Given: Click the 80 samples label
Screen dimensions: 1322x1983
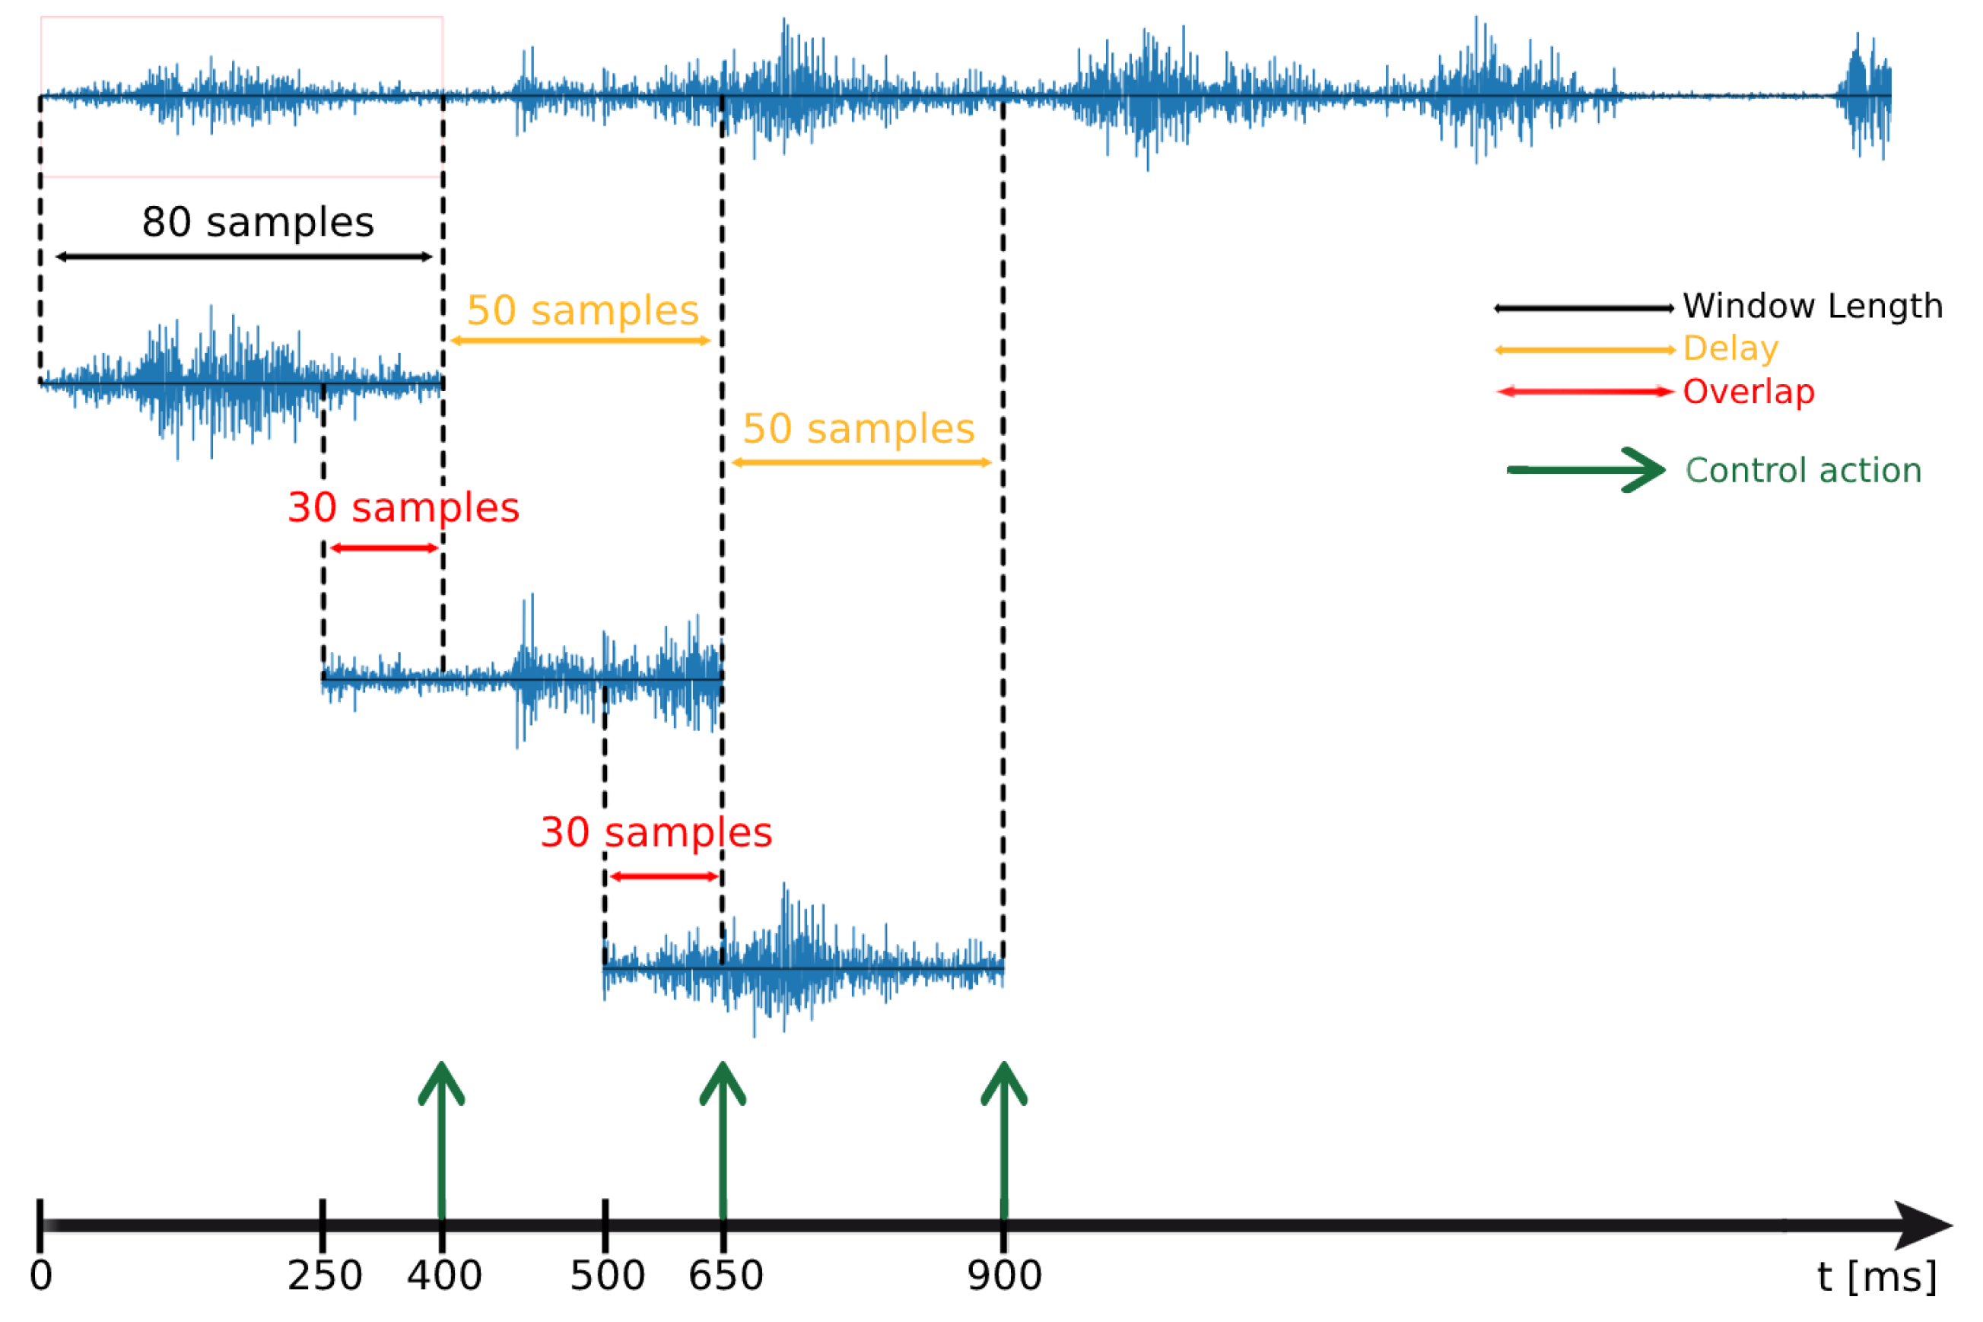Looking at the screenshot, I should tap(257, 223).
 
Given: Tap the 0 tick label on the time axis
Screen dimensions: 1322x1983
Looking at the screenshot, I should tap(40, 1276).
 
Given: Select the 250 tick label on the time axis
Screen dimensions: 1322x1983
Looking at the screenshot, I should tap(325, 1276).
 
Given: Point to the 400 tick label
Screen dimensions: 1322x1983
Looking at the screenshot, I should tap(444, 1276).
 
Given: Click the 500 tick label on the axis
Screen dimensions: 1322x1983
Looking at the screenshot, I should tap(607, 1276).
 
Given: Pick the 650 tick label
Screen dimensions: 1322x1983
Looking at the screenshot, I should tap(726, 1276).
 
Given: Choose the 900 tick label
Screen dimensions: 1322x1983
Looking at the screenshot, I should tap(1004, 1276).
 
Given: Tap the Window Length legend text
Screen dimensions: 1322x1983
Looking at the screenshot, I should tap(1813, 306).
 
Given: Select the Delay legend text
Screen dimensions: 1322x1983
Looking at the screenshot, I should tap(1731, 348).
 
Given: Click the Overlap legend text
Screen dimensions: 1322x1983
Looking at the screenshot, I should tap(1749, 391).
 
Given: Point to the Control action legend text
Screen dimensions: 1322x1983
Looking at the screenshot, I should tap(1803, 470).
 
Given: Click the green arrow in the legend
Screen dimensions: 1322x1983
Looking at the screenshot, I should tap(1585, 469).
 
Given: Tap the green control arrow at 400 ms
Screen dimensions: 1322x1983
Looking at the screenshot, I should tap(442, 1138).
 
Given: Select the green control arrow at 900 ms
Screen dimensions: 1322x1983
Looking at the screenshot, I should tap(1003, 1138).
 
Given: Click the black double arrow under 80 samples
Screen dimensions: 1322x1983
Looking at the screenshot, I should tap(243, 256).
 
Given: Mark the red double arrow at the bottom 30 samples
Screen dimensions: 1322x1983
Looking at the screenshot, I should tap(664, 877).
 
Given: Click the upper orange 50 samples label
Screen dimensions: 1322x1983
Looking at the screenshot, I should tap(583, 310).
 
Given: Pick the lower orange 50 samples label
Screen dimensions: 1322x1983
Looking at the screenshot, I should tap(858, 429).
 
